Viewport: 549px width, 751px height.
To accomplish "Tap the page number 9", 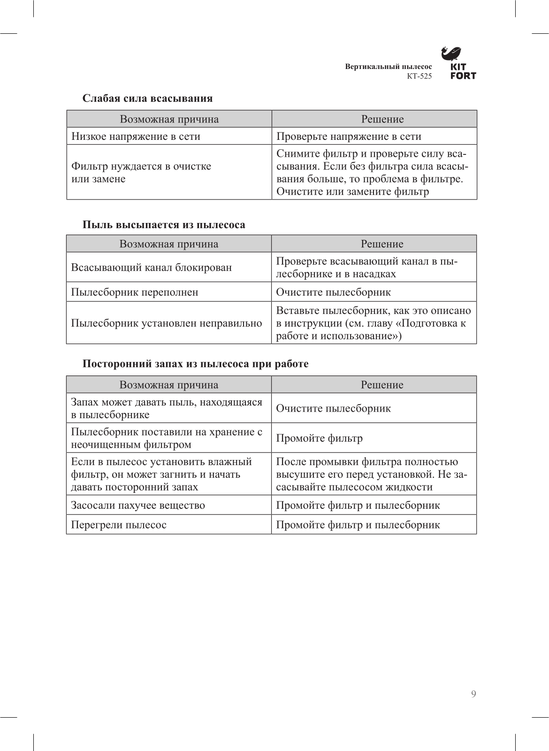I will coord(473,694).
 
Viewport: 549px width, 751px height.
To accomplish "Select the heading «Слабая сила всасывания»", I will coord(147,99).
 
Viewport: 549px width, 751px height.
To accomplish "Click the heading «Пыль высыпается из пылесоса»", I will coord(164,225).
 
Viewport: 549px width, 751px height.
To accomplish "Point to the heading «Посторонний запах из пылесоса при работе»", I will coord(195,364).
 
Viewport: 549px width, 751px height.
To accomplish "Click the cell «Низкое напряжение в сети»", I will coord(136,137).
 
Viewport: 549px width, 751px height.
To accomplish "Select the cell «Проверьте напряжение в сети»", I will coord(349,137).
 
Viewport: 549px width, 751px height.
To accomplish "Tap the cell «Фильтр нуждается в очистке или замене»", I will coord(141,172).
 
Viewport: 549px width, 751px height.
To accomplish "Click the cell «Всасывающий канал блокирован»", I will coord(151,268).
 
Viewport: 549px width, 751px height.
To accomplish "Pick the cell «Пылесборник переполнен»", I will coord(134,292).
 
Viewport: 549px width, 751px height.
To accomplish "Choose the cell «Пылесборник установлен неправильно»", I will coord(166,323).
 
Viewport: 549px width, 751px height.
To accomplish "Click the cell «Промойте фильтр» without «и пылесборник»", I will coord(319,438).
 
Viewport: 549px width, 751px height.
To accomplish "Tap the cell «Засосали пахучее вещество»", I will coord(137,506).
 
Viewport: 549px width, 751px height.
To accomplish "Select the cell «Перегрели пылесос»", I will coord(118,525).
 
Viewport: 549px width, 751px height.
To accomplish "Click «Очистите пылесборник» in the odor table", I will coord(333,408).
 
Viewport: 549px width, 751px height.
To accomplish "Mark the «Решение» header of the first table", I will coord(382,119).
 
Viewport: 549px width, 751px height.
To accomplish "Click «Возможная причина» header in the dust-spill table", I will coord(168,244).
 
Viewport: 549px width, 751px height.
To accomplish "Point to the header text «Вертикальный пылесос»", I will coord(388,67).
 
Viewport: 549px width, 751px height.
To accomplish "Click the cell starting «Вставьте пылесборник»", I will coord(373,323).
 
